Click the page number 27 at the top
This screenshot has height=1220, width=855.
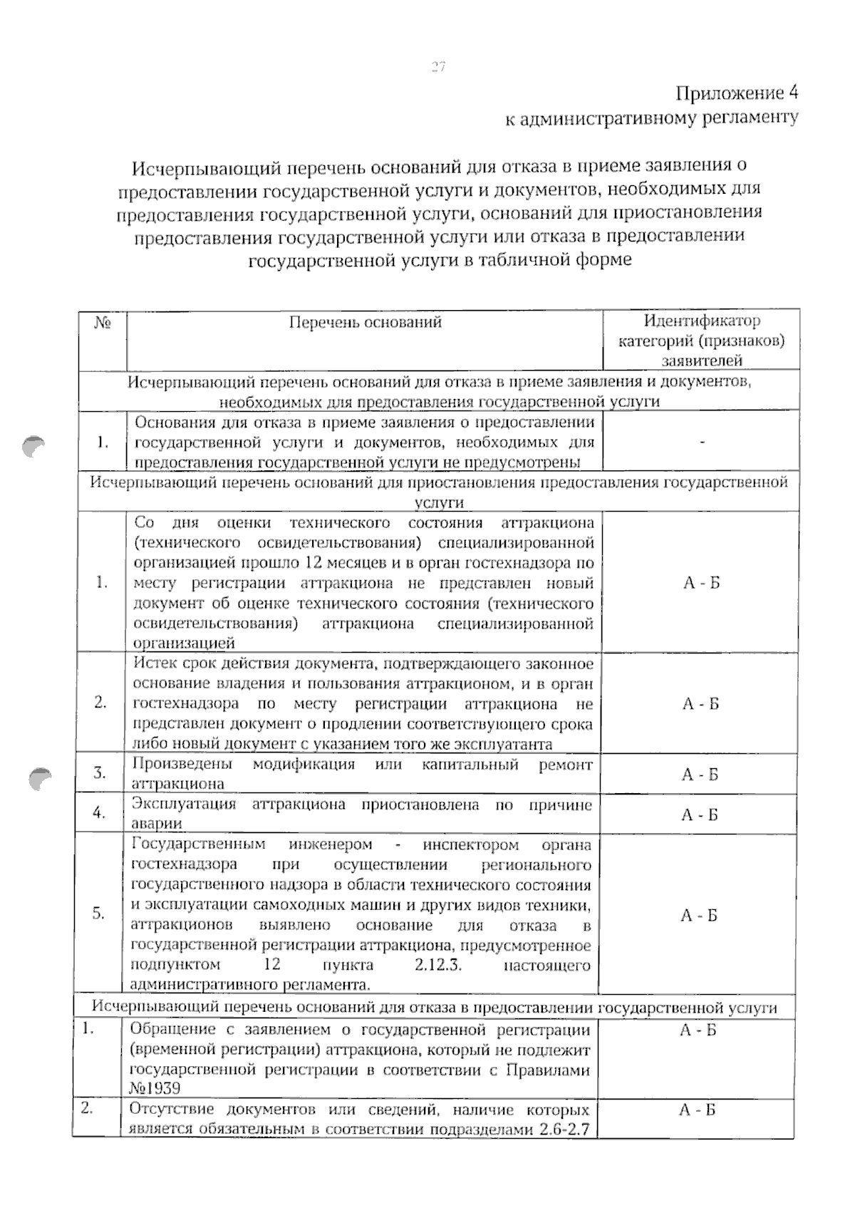[x=437, y=67]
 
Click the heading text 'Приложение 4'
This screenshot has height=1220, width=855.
[x=737, y=93]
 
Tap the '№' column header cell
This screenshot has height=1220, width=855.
[x=103, y=323]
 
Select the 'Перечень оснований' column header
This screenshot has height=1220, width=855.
[x=365, y=322]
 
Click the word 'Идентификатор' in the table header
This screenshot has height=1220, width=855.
[x=702, y=321]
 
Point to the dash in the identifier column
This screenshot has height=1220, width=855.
[x=703, y=443]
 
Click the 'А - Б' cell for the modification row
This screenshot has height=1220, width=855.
[x=700, y=775]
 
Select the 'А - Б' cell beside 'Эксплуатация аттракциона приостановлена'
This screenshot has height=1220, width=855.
[x=700, y=815]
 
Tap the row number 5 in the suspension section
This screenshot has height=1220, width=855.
[x=99, y=914]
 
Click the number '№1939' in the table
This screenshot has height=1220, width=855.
[x=155, y=1088]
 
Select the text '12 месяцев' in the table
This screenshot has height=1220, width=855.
[x=344, y=562]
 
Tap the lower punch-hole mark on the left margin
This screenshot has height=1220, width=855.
[x=41, y=778]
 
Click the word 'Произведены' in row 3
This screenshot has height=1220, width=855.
[x=182, y=765]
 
